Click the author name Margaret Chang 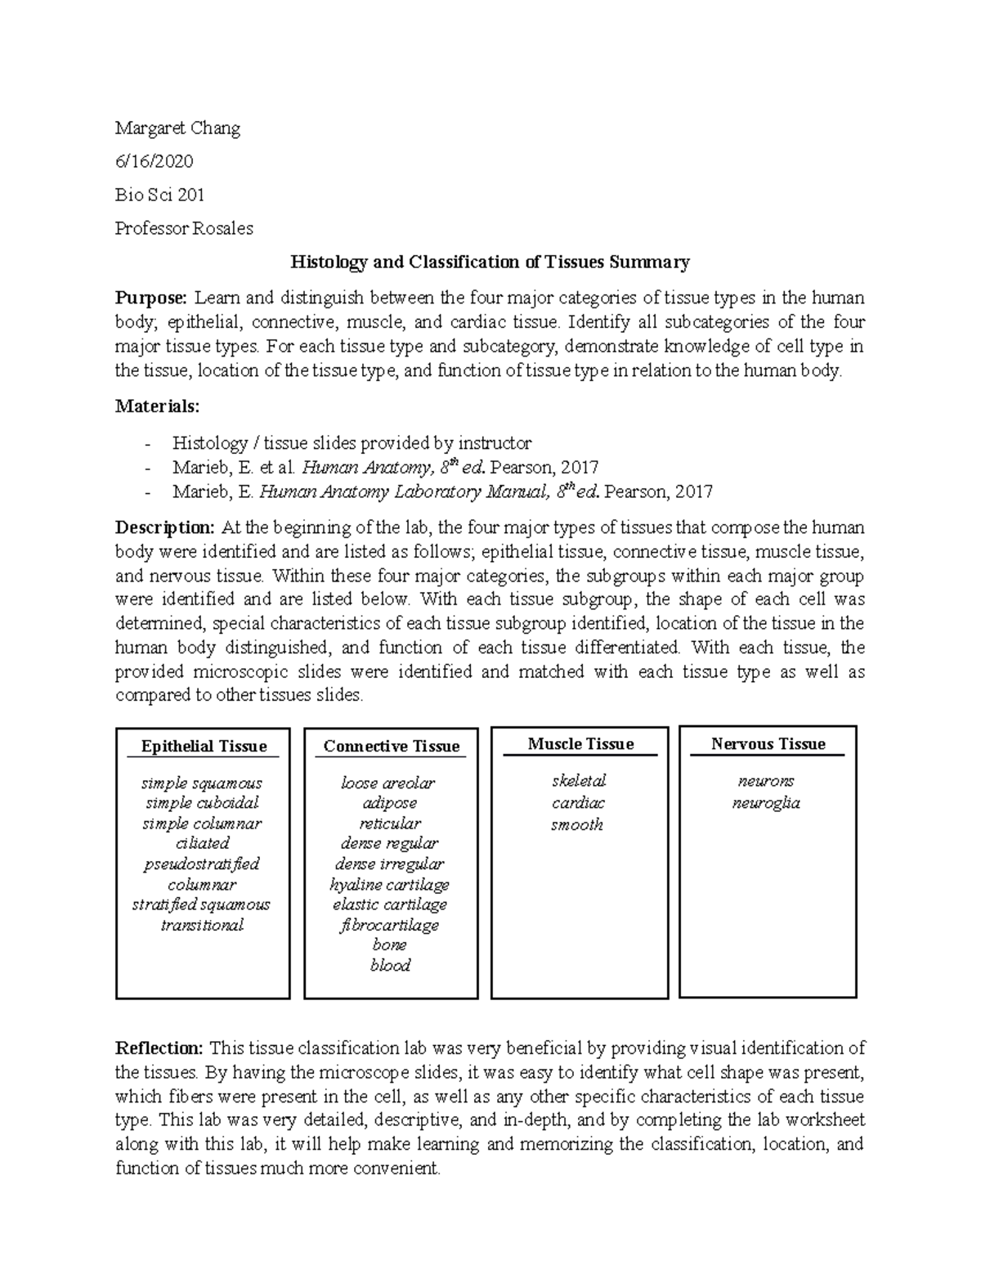click(177, 128)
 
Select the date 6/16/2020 click(155, 162)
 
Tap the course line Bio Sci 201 click(160, 195)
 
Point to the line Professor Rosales click(184, 228)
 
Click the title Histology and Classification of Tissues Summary click(490, 262)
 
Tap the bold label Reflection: click(159, 1048)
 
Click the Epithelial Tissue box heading click(204, 746)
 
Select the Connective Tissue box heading click(391, 746)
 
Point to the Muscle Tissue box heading click(580, 743)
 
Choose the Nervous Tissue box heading click(768, 743)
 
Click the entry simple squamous click(202, 783)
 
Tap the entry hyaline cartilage click(390, 884)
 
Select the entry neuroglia click(766, 803)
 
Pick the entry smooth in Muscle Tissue click(577, 824)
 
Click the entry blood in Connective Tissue click(390, 965)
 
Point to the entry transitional click(202, 925)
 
